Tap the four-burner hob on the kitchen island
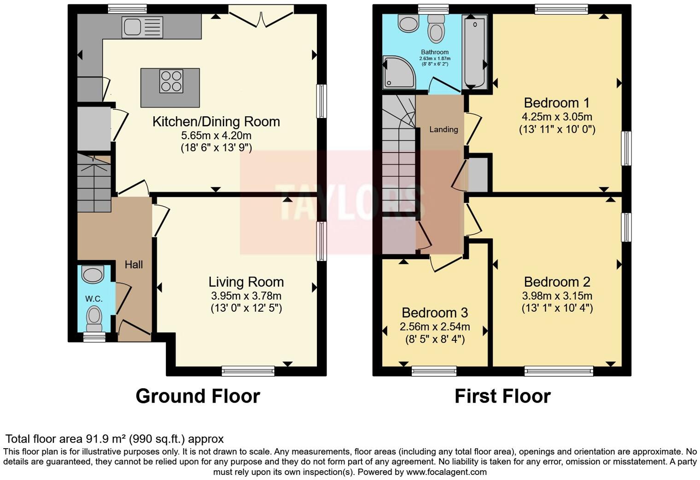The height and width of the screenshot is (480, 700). point(171,81)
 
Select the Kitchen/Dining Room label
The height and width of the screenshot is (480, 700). point(216,122)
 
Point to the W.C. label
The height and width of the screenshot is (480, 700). point(93,299)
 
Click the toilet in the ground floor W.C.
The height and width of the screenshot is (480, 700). point(94,317)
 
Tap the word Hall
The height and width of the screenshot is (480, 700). point(134,265)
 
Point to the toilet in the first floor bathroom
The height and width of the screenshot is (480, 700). point(435,29)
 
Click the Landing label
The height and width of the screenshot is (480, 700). point(443,130)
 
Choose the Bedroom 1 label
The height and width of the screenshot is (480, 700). point(557,103)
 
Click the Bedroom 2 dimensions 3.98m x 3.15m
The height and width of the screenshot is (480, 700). point(557,296)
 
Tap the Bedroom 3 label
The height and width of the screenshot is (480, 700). point(435,313)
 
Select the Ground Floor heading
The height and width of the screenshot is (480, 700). point(198,396)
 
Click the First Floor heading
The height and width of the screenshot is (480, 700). point(502,396)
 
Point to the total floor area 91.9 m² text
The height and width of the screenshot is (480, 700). point(114,439)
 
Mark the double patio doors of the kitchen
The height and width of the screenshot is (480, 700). point(262,14)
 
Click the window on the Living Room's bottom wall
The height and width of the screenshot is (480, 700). point(248,370)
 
